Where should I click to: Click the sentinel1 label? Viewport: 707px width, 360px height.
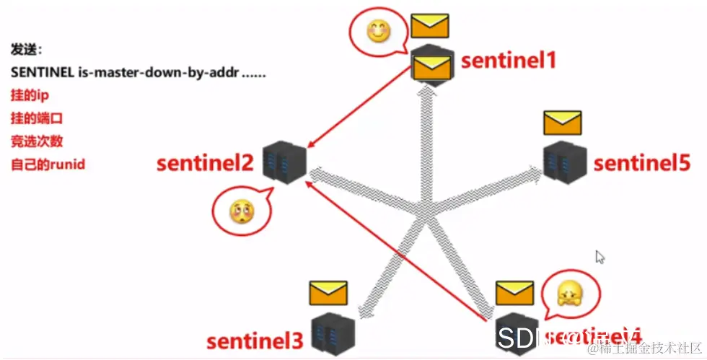[509, 60]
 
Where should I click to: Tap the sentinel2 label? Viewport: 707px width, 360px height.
[204, 164]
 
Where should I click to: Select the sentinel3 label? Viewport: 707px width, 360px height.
[254, 340]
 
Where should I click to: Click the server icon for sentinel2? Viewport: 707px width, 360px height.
[284, 162]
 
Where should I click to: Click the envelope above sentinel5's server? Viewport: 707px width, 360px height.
[562, 123]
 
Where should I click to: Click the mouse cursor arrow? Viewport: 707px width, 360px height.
[600, 257]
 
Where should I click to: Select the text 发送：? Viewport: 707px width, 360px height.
[27, 50]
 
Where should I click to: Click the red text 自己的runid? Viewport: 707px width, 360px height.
[48, 165]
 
